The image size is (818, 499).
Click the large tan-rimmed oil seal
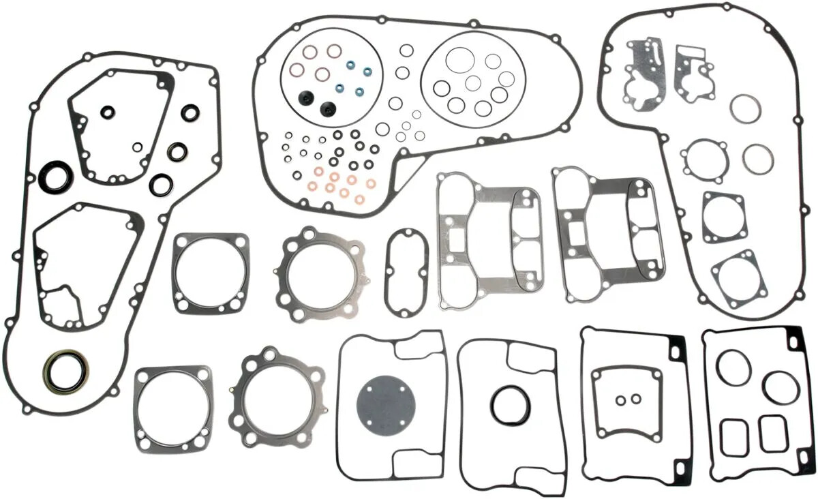click(66, 371)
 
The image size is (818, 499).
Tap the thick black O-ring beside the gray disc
click(507, 404)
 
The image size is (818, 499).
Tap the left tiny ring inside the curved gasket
click(621, 399)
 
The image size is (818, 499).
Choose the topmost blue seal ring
click(351, 65)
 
